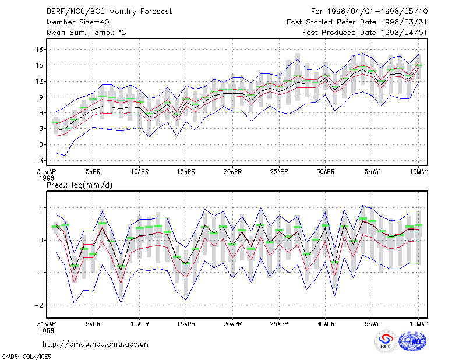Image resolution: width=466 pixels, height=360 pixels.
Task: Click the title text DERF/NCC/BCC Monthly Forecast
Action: click(x=109, y=12)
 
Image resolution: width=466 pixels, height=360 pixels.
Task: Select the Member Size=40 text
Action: click(x=78, y=22)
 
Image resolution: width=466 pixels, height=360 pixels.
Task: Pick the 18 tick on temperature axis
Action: click(x=39, y=50)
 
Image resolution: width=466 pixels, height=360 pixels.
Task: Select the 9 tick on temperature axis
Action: click(x=41, y=97)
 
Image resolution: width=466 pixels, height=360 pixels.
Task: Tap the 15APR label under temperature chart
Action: click(x=186, y=172)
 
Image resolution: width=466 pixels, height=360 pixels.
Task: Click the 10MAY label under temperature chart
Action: click(x=418, y=172)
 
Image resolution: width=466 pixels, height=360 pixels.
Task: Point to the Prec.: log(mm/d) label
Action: click(x=79, y=185)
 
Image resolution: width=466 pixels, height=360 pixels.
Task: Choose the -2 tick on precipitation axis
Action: click(x=38, y=305)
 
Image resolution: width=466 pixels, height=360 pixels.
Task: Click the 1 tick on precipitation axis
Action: click(x=41, y=208)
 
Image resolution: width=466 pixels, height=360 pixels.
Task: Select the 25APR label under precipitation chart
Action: click(x=279, y=324)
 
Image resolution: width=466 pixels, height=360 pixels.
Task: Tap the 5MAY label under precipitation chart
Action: click(x=372, y=324)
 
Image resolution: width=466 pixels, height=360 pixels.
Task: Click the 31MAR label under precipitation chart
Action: click(x=47, y=324)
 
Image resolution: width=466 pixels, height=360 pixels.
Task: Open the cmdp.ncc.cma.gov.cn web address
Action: click(x=96, y=344)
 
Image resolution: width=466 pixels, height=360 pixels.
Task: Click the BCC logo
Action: click(x=386, y=341)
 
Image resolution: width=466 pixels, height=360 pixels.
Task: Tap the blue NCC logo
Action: click(x=412, y=341)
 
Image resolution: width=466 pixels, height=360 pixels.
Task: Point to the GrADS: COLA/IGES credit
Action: click(x=26, y=357)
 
